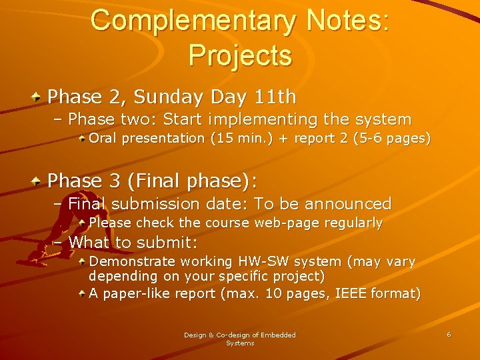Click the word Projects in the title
pos(240,55)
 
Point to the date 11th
pos(275,97)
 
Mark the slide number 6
pos(449,334)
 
